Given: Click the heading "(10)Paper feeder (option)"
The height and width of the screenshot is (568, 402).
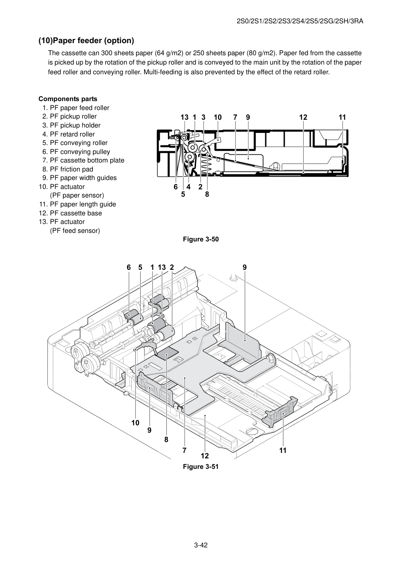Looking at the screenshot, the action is (x=86, y=40).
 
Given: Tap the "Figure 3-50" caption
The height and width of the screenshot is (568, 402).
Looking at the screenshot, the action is (x=201, y=239).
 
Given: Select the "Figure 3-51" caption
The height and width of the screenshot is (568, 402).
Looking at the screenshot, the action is (x=201, y=467).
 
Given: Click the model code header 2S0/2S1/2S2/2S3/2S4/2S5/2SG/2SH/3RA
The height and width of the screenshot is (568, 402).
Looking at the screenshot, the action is (x=300, y=21).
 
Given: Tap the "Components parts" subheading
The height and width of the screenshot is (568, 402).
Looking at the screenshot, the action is (x=68, y=99).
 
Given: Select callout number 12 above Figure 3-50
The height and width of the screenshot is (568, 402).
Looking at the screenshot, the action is (x=303, y=117).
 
